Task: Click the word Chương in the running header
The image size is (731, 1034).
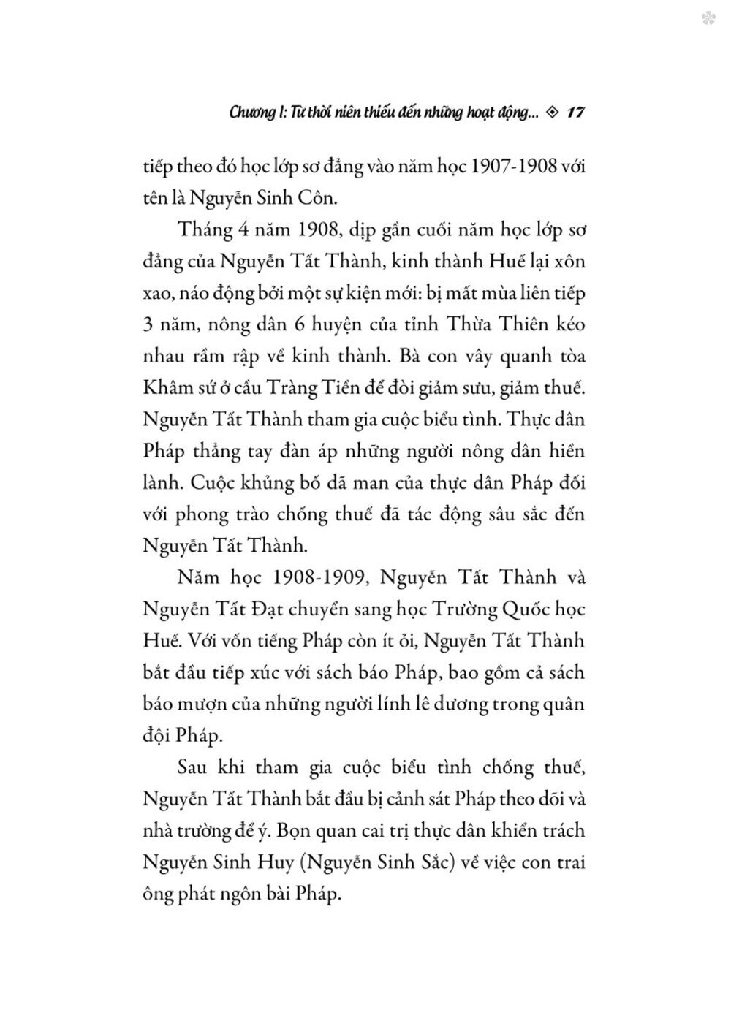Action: (251, 113)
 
